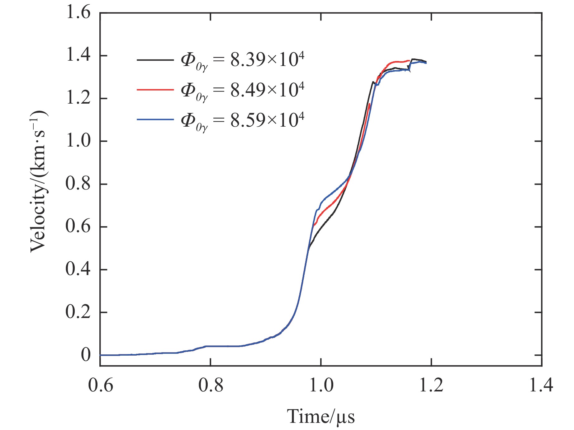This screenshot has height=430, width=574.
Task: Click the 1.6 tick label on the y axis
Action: tap(78, 13)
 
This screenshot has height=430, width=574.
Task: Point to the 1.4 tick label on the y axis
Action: tap(78, 56)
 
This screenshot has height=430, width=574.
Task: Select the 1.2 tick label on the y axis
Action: tap(78, 98)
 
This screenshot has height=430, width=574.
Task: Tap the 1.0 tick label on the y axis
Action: tap(78, 141)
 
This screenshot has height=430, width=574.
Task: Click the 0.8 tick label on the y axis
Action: tap(78, 184)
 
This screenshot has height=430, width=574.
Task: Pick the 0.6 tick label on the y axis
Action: tap(78, 226)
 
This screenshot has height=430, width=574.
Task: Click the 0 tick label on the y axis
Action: tap(86, 354)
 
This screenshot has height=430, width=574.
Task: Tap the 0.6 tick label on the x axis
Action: tap(100, 386)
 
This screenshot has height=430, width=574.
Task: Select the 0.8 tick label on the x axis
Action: tap(211, 386)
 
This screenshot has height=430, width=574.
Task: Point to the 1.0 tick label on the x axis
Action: tap(321, 386)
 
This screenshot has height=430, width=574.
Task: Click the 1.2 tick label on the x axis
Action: tap(431, 386)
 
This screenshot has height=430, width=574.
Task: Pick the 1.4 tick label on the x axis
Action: tap(541, 386)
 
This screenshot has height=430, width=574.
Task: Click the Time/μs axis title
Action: tap(320, 417)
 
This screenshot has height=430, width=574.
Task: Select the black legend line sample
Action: tap(155, 60)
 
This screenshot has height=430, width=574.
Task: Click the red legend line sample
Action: tap(155, 90)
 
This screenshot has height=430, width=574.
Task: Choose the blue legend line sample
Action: tap(155, 119)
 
